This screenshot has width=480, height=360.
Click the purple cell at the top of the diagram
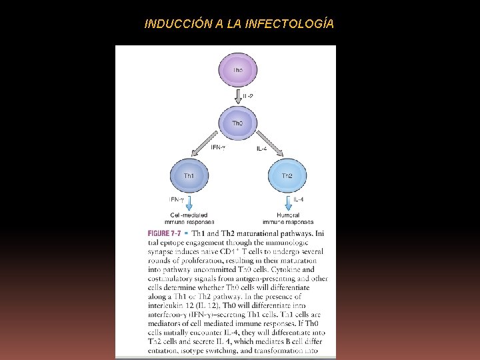pos(237,70)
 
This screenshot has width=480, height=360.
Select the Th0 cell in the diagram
pos(237,123)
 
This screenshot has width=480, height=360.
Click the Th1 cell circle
pos(189,176)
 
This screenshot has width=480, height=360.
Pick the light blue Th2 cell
pos(287,176)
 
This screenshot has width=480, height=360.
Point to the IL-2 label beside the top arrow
pos(247,97)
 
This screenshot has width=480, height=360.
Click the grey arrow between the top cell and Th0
pos(237,97)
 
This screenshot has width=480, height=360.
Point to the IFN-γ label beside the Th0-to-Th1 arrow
pos(217,147)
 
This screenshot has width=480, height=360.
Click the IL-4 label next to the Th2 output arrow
pos(299,199)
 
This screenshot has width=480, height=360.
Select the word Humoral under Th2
pos(287,215)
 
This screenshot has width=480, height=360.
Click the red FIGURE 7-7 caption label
pos(165,233)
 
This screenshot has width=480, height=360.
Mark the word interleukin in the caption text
pos(168,305)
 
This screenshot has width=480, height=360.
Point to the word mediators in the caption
pos(167,323)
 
